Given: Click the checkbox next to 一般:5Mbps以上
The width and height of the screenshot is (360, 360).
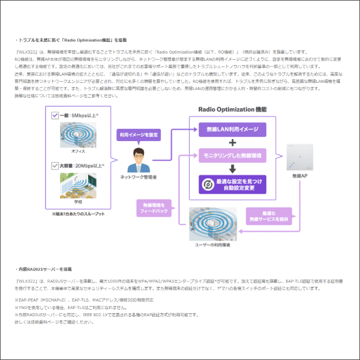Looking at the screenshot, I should (x=55, y=115).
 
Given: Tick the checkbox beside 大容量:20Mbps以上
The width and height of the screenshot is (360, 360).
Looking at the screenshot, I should (x=55, y=166).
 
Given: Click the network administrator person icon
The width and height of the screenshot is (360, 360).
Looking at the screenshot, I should (x=138, y=160).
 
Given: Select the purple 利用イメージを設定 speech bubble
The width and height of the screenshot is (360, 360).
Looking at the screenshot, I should (x=137, y=135).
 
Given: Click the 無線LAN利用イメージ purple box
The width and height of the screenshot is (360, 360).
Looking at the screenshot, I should (x=232, y=130).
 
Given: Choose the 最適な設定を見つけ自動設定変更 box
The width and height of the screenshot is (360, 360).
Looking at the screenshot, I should (x=232, y=184).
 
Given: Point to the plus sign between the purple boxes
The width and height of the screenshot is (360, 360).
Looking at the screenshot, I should (x=232, y=142).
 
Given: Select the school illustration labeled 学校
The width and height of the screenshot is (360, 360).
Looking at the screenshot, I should (x=77, y=187).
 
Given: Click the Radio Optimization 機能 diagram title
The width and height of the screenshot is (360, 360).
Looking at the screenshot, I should (x=232, y=109).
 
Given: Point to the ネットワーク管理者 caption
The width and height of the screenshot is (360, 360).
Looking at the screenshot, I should (x=138, y=178).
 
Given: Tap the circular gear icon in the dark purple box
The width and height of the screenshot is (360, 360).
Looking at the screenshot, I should (x=207, y=184).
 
